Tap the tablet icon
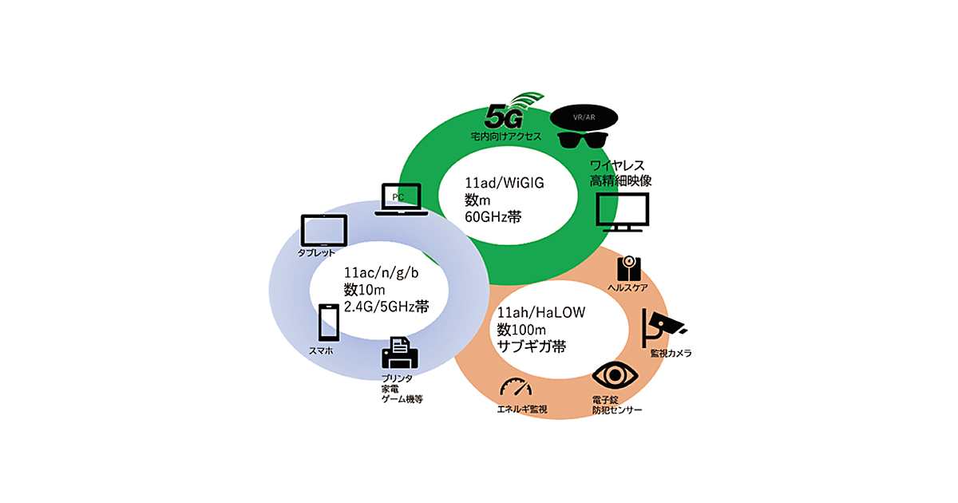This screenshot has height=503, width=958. [323, 230]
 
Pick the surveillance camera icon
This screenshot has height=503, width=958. [661, 325]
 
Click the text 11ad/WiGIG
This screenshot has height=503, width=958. [504, 182]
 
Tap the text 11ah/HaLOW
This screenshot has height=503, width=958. [541, 313]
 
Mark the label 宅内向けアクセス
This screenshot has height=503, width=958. [506, 137]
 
